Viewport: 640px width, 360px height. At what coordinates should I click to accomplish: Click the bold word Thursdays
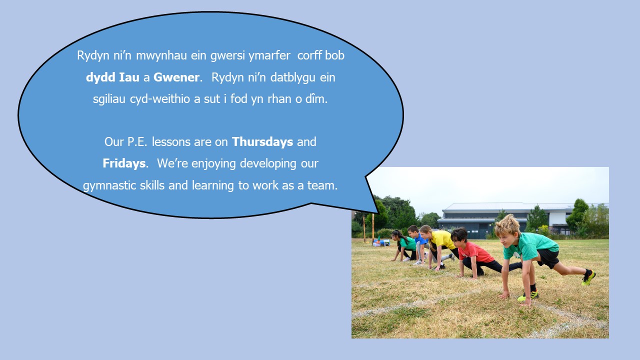click(262, 141)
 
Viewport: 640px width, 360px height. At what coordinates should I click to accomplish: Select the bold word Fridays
click(124, 163)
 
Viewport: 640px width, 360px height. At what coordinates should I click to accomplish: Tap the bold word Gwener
click(176, 77)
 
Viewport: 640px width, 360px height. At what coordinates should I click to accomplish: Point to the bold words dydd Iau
click(112, 77)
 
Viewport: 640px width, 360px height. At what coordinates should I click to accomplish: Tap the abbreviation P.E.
click(137, 142)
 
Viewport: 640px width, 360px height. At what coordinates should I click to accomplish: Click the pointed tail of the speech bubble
click(378, 212)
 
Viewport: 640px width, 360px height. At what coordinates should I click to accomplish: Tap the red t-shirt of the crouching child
click(475, 252)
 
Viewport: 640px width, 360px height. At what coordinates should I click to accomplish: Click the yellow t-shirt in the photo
click(442, 239)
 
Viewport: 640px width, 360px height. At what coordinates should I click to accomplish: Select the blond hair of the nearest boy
click(507, 225)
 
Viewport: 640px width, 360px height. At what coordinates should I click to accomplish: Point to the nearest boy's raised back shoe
click(588, 277)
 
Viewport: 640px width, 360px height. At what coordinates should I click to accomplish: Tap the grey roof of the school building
click(503, 206)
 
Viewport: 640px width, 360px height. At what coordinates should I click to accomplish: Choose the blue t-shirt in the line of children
click(420, 239)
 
